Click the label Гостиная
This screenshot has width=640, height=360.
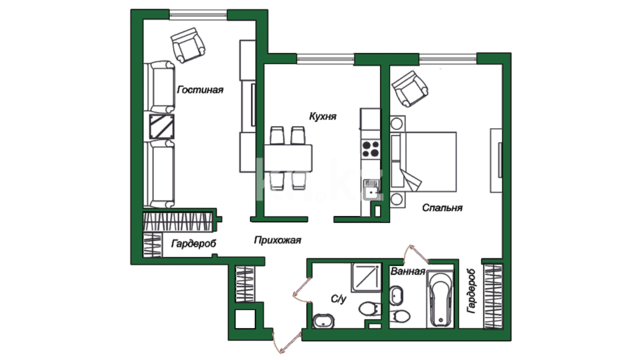tap(200, 90)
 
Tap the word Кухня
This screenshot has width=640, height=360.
tap(323, 116)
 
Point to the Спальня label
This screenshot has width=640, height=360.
tap(442, 208)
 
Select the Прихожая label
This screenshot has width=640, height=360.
tap(277, 240)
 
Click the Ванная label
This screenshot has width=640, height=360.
tap(408, 271)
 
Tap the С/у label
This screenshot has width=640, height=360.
tap(339, 299)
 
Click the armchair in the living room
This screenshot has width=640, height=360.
tap(188, 45)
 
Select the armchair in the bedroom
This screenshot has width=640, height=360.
tap(410, 89)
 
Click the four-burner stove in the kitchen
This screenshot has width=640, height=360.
tap(371, 149)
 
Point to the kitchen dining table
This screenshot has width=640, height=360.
tap(288, 158)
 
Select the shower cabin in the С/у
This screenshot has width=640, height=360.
tap(366, 278)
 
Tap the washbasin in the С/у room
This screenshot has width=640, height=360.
tap(323, 321)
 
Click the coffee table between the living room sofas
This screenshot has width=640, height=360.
tap(162, 127)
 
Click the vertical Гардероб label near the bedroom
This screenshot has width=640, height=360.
tap(471, 291)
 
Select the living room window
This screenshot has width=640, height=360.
tap(198, 14)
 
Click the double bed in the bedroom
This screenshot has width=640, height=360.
tap(423, 162)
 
